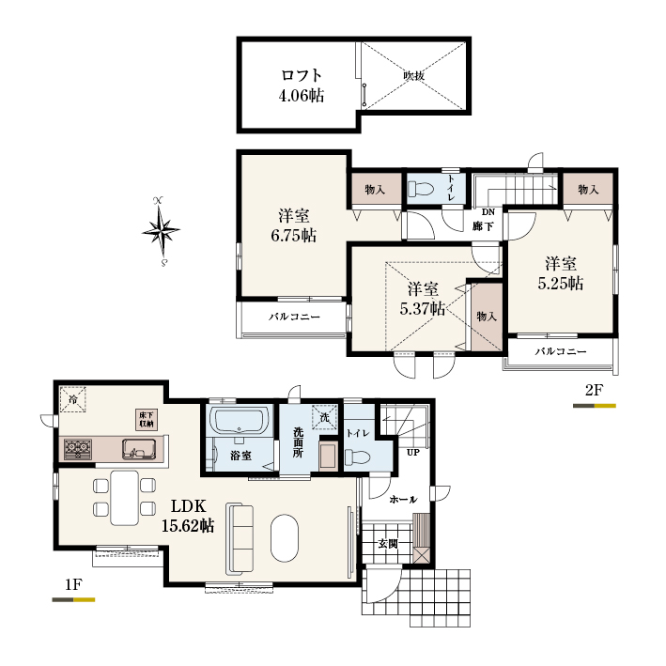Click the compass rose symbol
point(161,231)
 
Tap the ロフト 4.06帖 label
point(302,85)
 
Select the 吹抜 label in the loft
point(413,76)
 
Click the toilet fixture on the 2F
point(420,189)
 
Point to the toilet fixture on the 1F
point(357,457)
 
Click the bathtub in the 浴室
point(240,420)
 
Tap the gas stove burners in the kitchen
point(78,449)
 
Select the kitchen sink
point(139,449)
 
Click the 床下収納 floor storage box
point(147,419)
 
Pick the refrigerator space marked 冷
point(73,399)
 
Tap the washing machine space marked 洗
point(324,417)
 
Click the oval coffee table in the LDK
point(285,537)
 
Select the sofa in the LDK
point(240,538)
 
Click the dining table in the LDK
point(124,497)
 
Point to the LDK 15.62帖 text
point(188,516)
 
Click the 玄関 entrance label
point(388,543)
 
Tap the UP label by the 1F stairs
point(413,453)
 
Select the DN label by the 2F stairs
point(488,212)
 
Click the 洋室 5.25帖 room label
point(561,273)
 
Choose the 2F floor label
point(595,390)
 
